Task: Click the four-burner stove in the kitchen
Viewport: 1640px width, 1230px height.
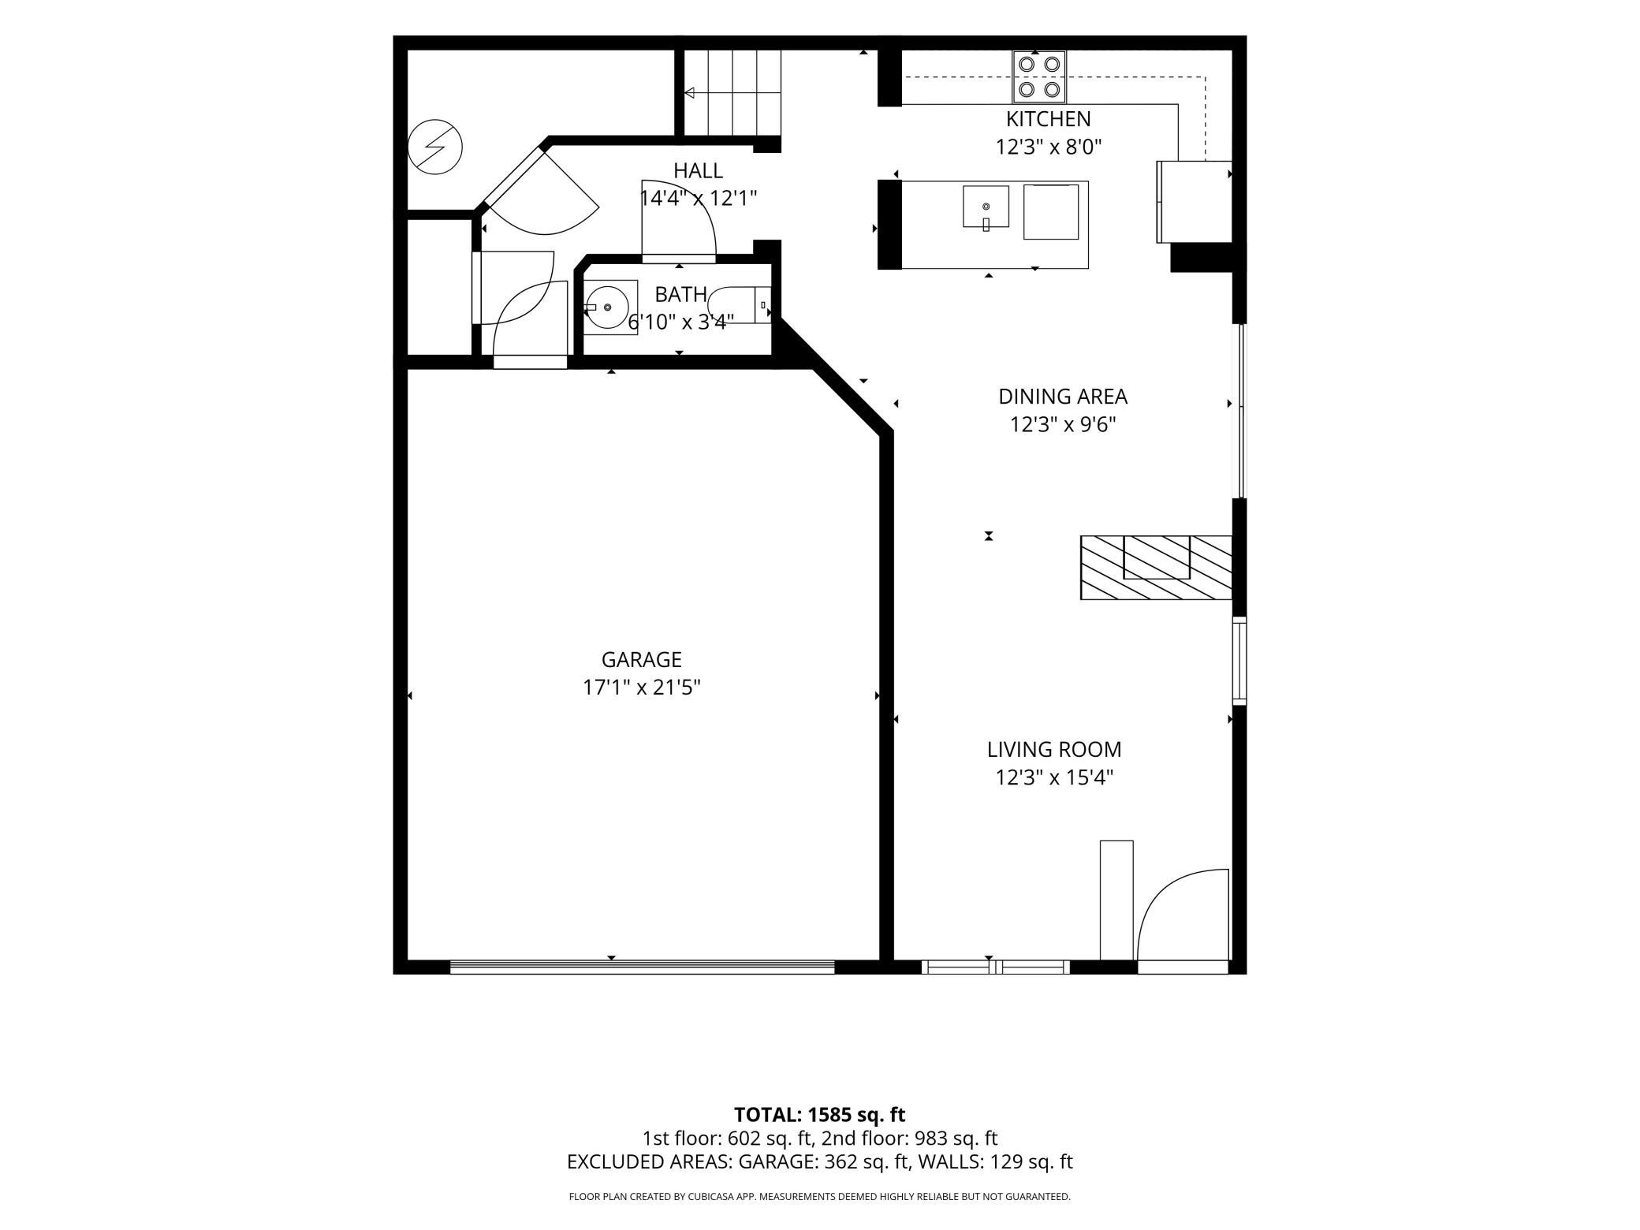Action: (1039, 76)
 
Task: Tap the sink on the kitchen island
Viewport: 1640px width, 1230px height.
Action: (986, 207)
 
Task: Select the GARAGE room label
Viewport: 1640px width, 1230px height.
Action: (641, 659)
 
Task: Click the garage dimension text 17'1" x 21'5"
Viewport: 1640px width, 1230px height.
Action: (641, 688)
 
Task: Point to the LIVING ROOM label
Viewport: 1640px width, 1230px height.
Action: (1054, 749)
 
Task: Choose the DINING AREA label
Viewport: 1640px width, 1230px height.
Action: (1063, 396)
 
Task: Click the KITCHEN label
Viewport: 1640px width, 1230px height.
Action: (1049, 119)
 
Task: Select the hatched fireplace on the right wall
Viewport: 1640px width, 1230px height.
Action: (1156, 568)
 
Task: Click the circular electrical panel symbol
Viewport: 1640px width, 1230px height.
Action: (435, 147)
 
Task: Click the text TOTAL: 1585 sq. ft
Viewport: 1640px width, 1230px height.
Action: (819, 1115)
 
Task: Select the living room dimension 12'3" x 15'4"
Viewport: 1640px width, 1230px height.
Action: (1054, 777)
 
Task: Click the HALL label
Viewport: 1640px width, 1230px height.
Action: (698, 170)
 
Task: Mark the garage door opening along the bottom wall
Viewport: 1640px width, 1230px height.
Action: (642, 967)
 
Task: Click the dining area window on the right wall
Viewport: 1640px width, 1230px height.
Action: (1240, 411)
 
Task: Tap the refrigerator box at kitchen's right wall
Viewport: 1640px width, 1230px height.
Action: (1194, 202)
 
